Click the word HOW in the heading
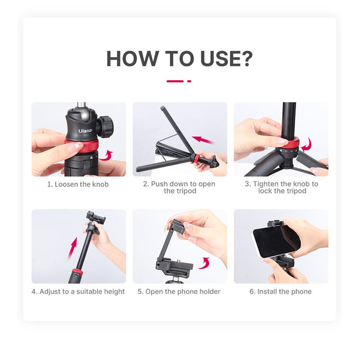pos(132,59)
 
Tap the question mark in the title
pos(246,59)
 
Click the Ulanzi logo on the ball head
pos(85,131)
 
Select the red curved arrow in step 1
pos(106,156)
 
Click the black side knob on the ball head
pos(105,127)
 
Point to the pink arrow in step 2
pos(204,140)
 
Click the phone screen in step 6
pos(276,241)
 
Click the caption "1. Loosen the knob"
pos(78,184)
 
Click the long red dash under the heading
pos(175,81)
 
